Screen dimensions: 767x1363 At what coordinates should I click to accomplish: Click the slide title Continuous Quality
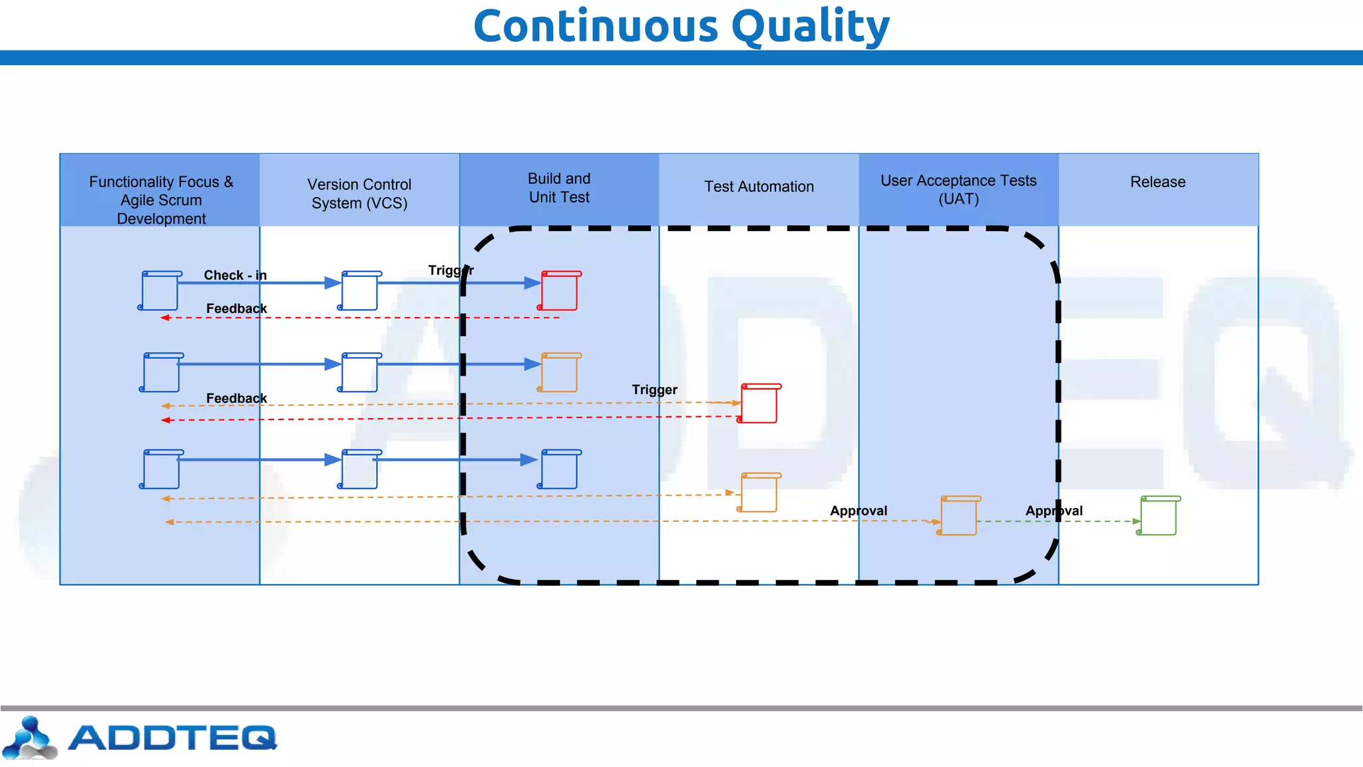coord(681,27)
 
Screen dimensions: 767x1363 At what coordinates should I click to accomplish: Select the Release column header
coord(1157,182)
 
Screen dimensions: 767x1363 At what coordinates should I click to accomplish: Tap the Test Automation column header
coord(759,187)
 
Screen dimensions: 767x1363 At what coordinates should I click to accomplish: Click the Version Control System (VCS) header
coord(359,194)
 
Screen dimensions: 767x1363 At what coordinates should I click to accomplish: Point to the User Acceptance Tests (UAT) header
coord(958,190)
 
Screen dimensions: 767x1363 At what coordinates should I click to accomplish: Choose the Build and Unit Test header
coord(559,188)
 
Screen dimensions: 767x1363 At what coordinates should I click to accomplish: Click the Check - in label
coord(235,275)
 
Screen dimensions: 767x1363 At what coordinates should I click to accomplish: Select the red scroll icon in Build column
coord(559,291)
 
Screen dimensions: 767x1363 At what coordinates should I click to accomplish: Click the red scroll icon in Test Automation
coord(759,403)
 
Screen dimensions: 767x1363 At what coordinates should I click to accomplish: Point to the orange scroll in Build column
coord(559,373)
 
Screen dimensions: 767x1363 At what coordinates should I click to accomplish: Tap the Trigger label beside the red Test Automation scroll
coord(654,389)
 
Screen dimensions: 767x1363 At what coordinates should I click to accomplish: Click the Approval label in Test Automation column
coord(859,511)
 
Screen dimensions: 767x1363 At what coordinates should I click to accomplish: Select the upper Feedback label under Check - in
coord(236,308)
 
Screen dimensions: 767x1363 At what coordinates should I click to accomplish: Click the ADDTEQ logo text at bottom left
coord(172,738)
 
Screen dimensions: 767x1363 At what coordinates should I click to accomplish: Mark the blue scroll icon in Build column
coord(559,470)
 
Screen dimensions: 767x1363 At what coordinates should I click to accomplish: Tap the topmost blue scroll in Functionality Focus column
coord(160,291)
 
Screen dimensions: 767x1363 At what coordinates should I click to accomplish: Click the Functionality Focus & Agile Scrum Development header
coord(161,200)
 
